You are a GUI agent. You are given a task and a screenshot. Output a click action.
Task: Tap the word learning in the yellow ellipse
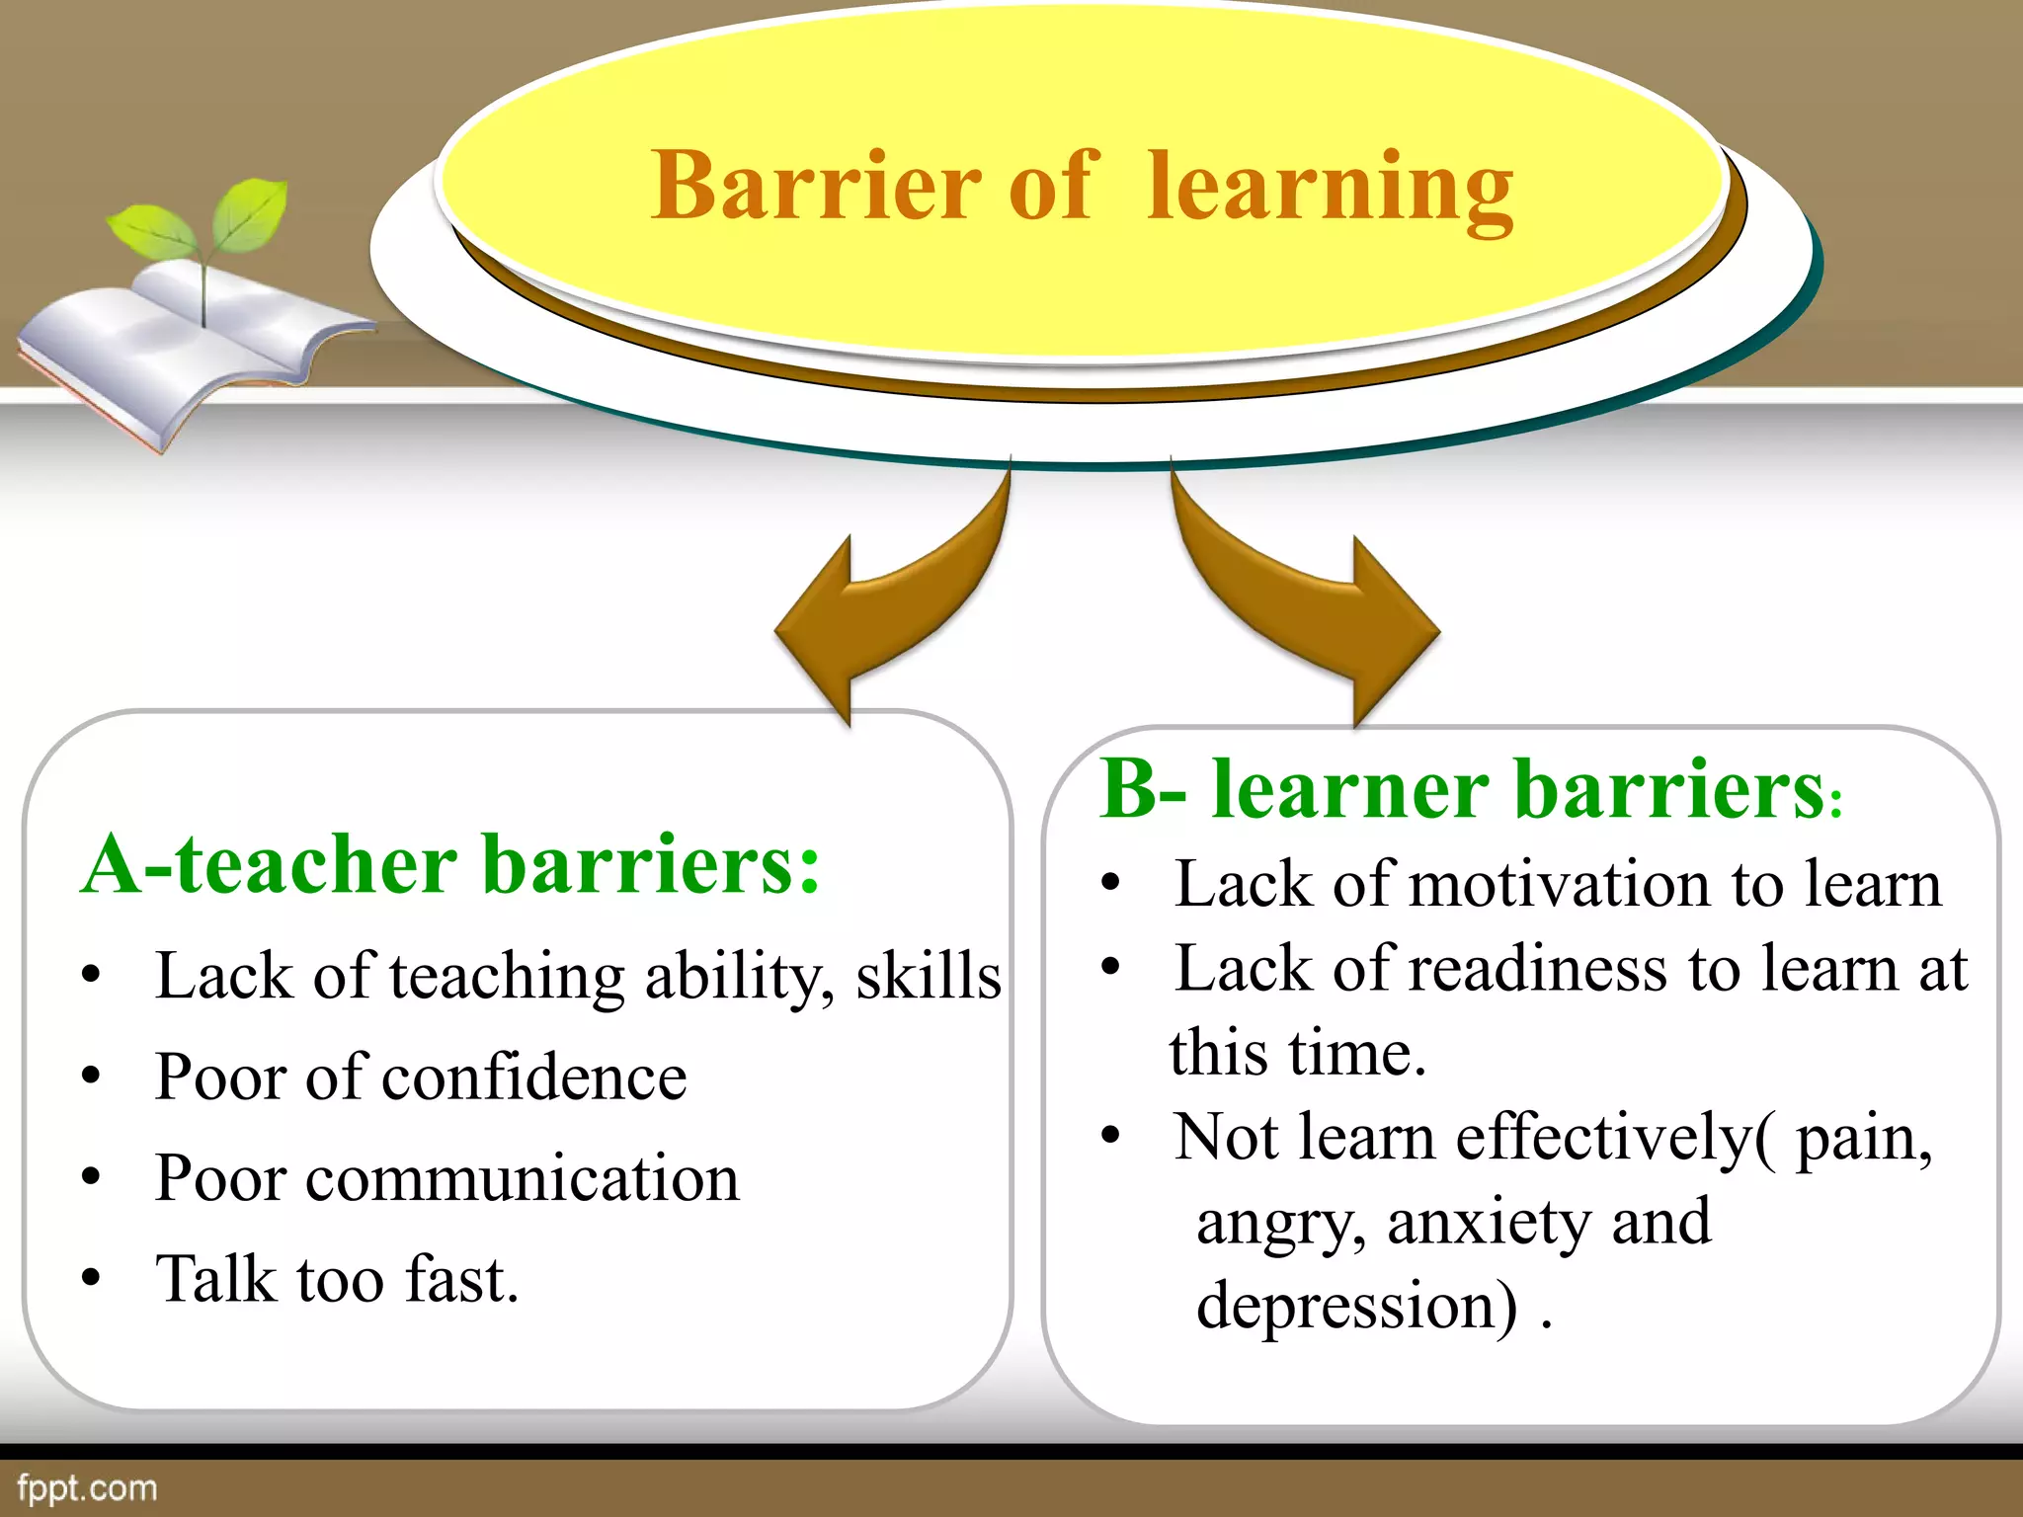click(x=1330, y=188)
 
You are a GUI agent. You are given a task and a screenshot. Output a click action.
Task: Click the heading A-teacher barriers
click(x=450, y=865)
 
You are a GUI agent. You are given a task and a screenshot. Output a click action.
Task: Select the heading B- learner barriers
click(x=1462, y=790)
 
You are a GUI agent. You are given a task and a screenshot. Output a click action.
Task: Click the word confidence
click(x=533, y=1077)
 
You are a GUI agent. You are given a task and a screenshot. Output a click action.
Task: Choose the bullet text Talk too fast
click(x=336, y=1280)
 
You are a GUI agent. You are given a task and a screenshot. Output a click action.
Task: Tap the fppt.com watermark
click(x=87, y=1488)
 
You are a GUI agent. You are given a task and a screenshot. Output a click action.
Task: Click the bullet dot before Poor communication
click(x=91, y=1177)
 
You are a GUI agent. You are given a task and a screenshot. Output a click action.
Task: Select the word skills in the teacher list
click(x=928, y=977)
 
